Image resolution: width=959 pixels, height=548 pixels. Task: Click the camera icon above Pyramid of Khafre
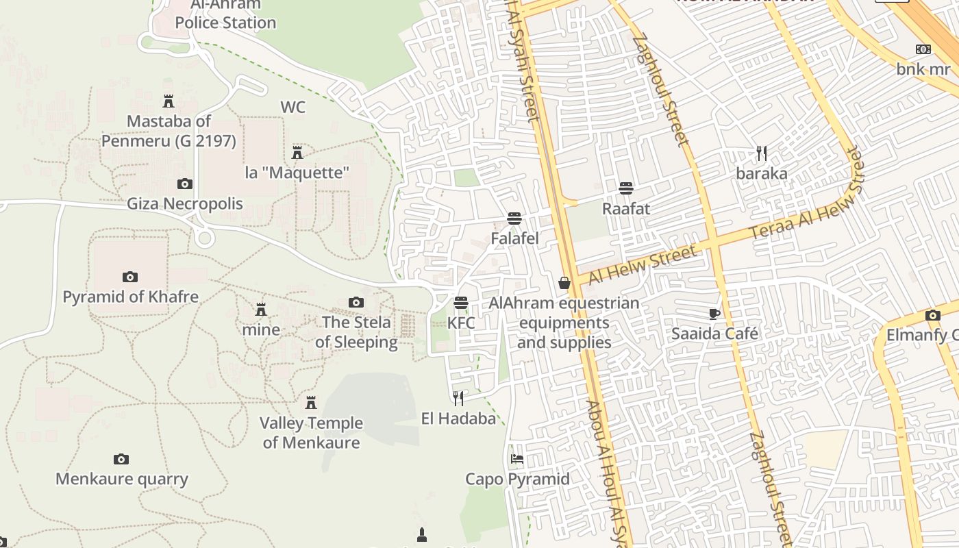click(x=130, y=277)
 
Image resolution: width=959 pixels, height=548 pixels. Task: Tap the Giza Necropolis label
click(x=185, y=203)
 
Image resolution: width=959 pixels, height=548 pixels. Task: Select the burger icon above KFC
click(x=461, y=303)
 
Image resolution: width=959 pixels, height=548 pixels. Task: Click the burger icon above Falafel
click(x=514, y=219)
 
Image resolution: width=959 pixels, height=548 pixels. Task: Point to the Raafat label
click(x=625, y=208)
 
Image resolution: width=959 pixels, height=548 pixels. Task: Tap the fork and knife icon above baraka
click(x=761, y=153)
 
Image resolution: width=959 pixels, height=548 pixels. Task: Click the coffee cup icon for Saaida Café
click(x=714, y=314)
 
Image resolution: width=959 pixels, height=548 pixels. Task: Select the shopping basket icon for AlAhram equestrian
click(x=564, y=283)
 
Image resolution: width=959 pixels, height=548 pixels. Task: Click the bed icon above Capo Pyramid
click(x=517, y=458)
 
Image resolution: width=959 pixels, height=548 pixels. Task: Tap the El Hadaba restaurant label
click(x=458, y=418)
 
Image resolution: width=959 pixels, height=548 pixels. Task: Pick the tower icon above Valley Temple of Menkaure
click(x=311, y=402)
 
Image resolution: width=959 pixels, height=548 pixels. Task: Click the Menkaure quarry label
click(x=122, y=478)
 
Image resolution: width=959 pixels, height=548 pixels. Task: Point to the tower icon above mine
click(x=260, y=310)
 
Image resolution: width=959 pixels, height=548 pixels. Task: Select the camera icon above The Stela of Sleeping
click(x=356, y=302)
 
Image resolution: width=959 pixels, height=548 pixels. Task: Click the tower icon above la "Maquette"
click(x=297, y=152)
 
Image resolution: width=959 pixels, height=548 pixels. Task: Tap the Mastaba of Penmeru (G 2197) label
click(x=169, y=131)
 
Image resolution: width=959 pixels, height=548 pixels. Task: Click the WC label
click(x=292, y=107)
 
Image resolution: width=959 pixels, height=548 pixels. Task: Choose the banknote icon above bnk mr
click(x=923, y=49)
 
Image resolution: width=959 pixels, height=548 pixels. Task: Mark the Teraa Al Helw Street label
click(x=807, y=204)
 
